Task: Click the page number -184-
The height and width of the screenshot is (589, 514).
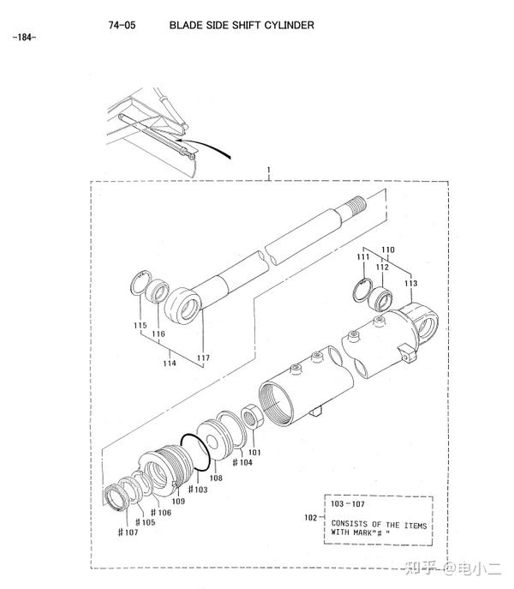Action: click(24, 37)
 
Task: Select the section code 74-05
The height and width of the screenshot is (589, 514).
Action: click(122, 25)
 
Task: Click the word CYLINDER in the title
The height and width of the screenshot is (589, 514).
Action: click(289, 25)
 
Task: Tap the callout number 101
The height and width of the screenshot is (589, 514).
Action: click(254, 453)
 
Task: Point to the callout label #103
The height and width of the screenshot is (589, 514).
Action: click(198, 489)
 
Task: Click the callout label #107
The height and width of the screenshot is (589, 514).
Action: click(128, 532)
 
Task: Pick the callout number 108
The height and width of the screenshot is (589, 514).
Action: click(216, 478)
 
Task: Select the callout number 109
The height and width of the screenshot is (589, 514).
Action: click(178, 501)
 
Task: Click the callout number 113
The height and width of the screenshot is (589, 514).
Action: click(410, 283)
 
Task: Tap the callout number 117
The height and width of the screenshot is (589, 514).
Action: click(203, 358)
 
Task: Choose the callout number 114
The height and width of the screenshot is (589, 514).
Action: click(170, 363)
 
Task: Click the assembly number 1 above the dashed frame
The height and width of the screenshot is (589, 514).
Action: click(268, 170)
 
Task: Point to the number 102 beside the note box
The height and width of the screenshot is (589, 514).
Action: click(310, 518)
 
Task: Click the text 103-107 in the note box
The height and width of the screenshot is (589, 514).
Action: click(348, 504)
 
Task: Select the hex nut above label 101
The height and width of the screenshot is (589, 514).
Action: click(249, 415)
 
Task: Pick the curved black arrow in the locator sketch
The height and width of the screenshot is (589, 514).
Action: click(205, 145)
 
